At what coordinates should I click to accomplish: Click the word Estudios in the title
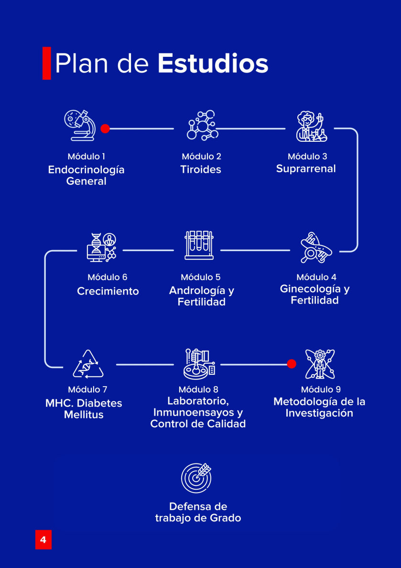[213, 63]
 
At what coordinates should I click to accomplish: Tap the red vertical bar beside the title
[46, 63]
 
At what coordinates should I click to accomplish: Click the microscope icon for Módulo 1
[80, 126]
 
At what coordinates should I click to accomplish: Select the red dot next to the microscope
[105, 128]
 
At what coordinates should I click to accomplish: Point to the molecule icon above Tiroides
[201, 126]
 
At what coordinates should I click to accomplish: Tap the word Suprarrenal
[306, 168]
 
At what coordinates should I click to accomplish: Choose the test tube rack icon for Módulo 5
[199, 245]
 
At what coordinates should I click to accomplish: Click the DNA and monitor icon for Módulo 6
[102, 247]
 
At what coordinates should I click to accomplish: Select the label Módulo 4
[316, 277]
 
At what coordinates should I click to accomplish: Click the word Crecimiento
[108, 291]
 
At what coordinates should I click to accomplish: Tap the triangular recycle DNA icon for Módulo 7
[88, 364]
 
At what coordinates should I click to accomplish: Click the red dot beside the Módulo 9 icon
[292, 364]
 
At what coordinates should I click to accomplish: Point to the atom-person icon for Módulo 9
[320, 364]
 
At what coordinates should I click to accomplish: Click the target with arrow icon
[196, 478]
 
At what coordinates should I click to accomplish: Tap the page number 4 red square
[43, 540]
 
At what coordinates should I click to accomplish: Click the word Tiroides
[201, 169]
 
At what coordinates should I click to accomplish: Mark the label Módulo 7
[87, 389]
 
